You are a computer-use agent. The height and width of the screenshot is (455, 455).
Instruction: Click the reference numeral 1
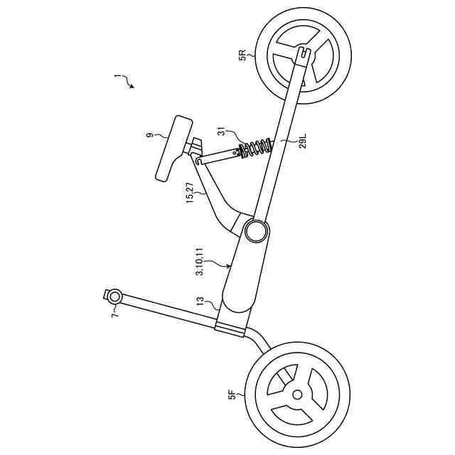[118, 75]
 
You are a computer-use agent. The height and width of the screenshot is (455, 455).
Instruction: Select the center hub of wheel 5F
[297, 394]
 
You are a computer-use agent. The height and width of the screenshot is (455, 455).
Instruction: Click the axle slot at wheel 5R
[304, 52]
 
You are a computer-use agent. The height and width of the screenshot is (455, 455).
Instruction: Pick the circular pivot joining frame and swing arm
[257, 230]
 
